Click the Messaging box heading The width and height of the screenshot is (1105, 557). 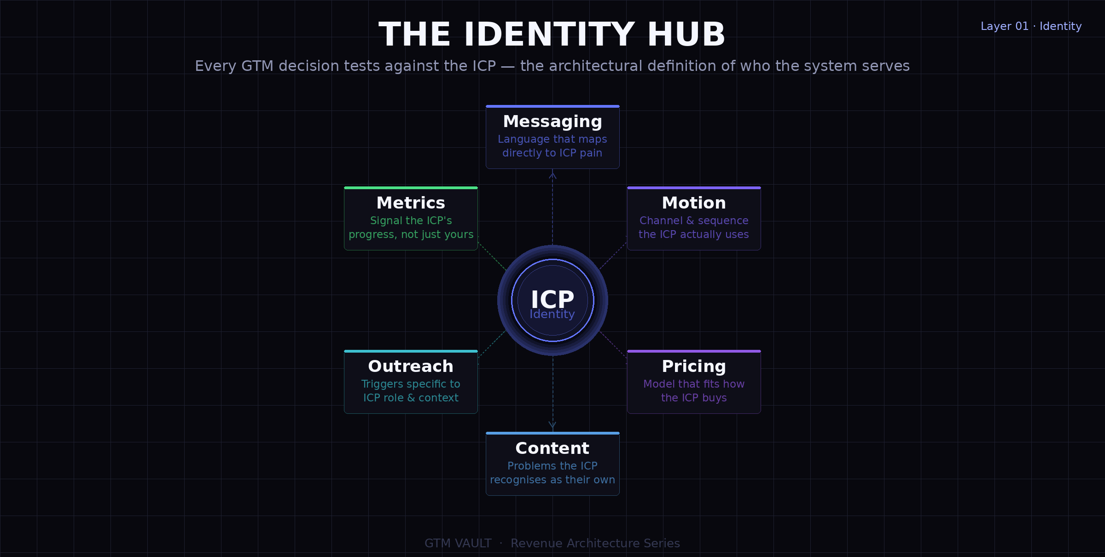point(552,122)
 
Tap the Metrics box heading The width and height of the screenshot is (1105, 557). point(411,203)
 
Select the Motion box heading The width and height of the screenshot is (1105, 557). point(694,203)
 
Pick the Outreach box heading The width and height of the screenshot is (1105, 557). point(411,366)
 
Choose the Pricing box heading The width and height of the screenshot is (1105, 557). point(694,366)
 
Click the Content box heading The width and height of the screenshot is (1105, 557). point(552,448)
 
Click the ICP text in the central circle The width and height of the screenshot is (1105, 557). point(552,299)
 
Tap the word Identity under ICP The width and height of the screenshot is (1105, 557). point(552,314)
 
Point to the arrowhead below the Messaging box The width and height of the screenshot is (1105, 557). point(552,175)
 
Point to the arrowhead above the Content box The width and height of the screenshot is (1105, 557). point(552,425)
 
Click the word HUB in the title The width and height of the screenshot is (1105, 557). point(686,35)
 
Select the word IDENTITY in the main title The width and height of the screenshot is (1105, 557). point(550,35)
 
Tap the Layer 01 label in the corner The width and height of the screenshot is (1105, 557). point(1004,26)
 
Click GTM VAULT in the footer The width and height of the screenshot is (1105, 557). point(458,543)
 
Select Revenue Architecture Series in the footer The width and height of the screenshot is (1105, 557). point(595,543)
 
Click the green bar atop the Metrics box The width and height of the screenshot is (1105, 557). point(411,188)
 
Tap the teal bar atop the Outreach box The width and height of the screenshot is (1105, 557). point(411,351)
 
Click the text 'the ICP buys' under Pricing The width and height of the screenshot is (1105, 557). point(694,398)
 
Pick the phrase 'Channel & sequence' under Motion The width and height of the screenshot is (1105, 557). point(694,220)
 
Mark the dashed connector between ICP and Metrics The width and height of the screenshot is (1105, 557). point(493,257)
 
